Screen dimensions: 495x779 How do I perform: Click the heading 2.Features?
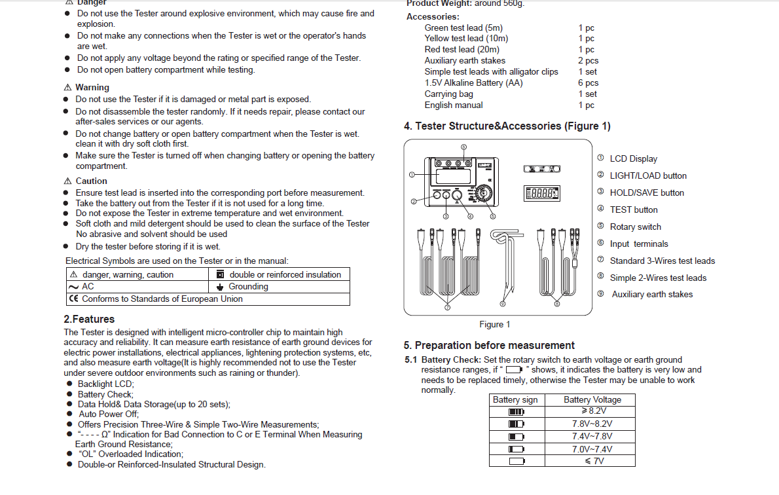89,320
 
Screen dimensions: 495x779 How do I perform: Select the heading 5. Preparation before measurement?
489,346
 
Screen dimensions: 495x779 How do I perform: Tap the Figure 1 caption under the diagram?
494,325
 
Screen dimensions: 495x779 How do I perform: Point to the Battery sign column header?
515,400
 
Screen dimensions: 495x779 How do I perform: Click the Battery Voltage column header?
592,400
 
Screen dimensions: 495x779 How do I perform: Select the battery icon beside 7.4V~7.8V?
516,436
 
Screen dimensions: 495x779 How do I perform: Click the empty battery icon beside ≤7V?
516,461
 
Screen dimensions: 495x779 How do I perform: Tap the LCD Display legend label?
633,159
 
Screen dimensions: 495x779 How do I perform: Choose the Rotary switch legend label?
635,227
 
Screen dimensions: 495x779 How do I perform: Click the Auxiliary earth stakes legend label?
652,295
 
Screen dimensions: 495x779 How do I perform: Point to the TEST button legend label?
634,210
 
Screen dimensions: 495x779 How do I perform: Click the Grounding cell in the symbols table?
248,287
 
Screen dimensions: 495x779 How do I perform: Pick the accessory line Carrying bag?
448,94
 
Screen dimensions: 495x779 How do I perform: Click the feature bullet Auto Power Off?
108,414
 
